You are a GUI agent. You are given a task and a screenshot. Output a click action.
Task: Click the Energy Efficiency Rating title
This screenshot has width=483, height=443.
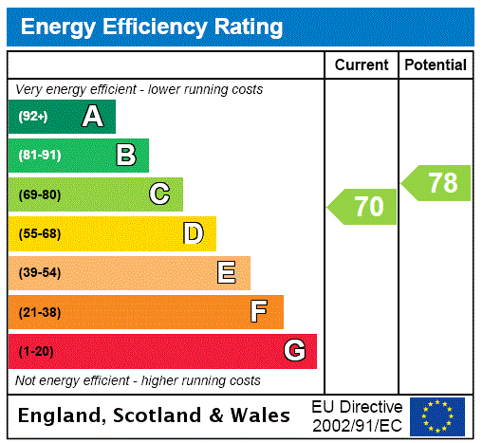pos(152,27)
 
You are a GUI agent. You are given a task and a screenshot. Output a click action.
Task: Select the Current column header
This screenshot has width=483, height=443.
pos(362,65)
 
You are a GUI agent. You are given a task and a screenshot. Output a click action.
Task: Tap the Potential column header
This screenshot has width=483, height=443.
pos(436,65)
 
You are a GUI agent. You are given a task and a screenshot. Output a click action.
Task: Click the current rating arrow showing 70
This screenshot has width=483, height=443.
pos(363,207)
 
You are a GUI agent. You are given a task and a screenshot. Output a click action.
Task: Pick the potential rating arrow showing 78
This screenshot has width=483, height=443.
pos(437,182)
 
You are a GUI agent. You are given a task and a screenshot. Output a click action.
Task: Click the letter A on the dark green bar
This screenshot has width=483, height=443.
pos(92,117)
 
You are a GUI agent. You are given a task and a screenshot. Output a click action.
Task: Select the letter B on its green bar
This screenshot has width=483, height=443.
pos(125,156)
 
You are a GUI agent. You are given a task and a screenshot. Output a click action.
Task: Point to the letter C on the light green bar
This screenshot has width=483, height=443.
pos(159,194)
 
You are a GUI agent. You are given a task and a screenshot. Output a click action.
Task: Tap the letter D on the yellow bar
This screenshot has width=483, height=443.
pos(193,233)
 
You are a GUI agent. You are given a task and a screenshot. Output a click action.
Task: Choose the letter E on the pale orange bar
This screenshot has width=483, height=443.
pos(227,273)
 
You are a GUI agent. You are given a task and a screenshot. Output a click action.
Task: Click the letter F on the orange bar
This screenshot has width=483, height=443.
pos(259,312)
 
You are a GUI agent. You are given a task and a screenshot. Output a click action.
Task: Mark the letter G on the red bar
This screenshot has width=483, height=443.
pos(294,351)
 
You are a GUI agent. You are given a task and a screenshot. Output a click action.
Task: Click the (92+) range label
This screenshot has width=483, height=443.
pos(33,117)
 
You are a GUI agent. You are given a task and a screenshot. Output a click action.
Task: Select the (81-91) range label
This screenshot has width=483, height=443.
pos(39,156)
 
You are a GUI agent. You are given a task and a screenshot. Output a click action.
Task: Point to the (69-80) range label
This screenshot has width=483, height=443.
pos(39,194)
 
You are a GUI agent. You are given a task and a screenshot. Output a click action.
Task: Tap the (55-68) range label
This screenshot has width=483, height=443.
pos(39,233)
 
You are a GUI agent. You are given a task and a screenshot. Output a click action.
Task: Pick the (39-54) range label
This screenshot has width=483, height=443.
pos(39,273)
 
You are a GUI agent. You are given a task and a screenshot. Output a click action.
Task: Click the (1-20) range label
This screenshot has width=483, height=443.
pos(36,351)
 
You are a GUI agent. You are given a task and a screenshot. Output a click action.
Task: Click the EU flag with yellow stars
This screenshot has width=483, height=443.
pos(437,416)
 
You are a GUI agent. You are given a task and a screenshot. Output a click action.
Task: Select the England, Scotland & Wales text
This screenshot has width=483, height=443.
pos(155,415)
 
